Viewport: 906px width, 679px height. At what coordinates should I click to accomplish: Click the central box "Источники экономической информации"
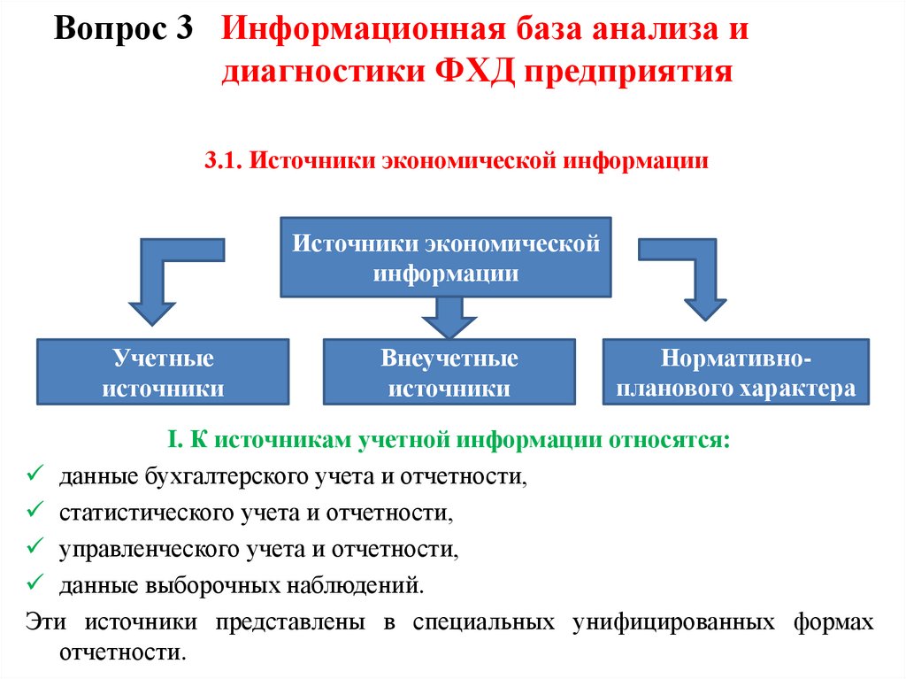pyautogui.click(x=446, y=257)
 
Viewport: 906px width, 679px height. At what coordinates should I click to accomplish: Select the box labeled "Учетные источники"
pyautogui.click(x=163, y=373)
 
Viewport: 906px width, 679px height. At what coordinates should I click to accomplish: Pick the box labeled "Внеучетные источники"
pyautogui.click(x=449, y=373)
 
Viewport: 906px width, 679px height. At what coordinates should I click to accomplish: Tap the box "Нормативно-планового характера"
pyautogui.click(x=735, y=373)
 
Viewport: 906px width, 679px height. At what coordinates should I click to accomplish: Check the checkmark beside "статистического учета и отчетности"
pyautogui.click(x=36, y=512)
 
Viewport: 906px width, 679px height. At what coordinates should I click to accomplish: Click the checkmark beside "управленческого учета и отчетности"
pyautogui.click(x=36, y=548)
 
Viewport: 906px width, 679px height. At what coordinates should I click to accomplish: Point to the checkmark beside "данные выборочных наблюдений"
pyautogui.click(x=36, y=584)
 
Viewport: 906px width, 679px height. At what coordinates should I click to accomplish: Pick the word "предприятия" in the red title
pyautogui.click(x=632, y=71)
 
